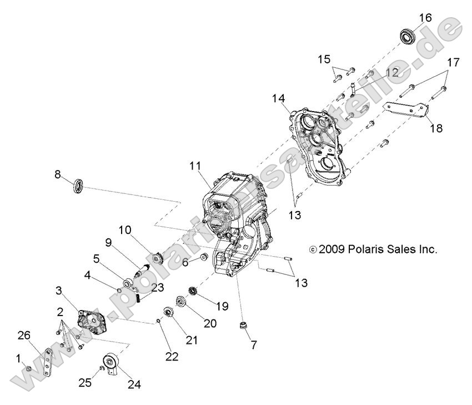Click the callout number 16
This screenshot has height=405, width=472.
[425, 18]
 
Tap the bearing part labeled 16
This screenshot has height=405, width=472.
[409, 35]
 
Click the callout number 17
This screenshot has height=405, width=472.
[453, 62]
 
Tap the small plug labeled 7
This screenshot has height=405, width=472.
[242, 326]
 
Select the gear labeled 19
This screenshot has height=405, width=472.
[194, 291]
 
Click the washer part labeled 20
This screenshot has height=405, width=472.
[181, 302]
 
